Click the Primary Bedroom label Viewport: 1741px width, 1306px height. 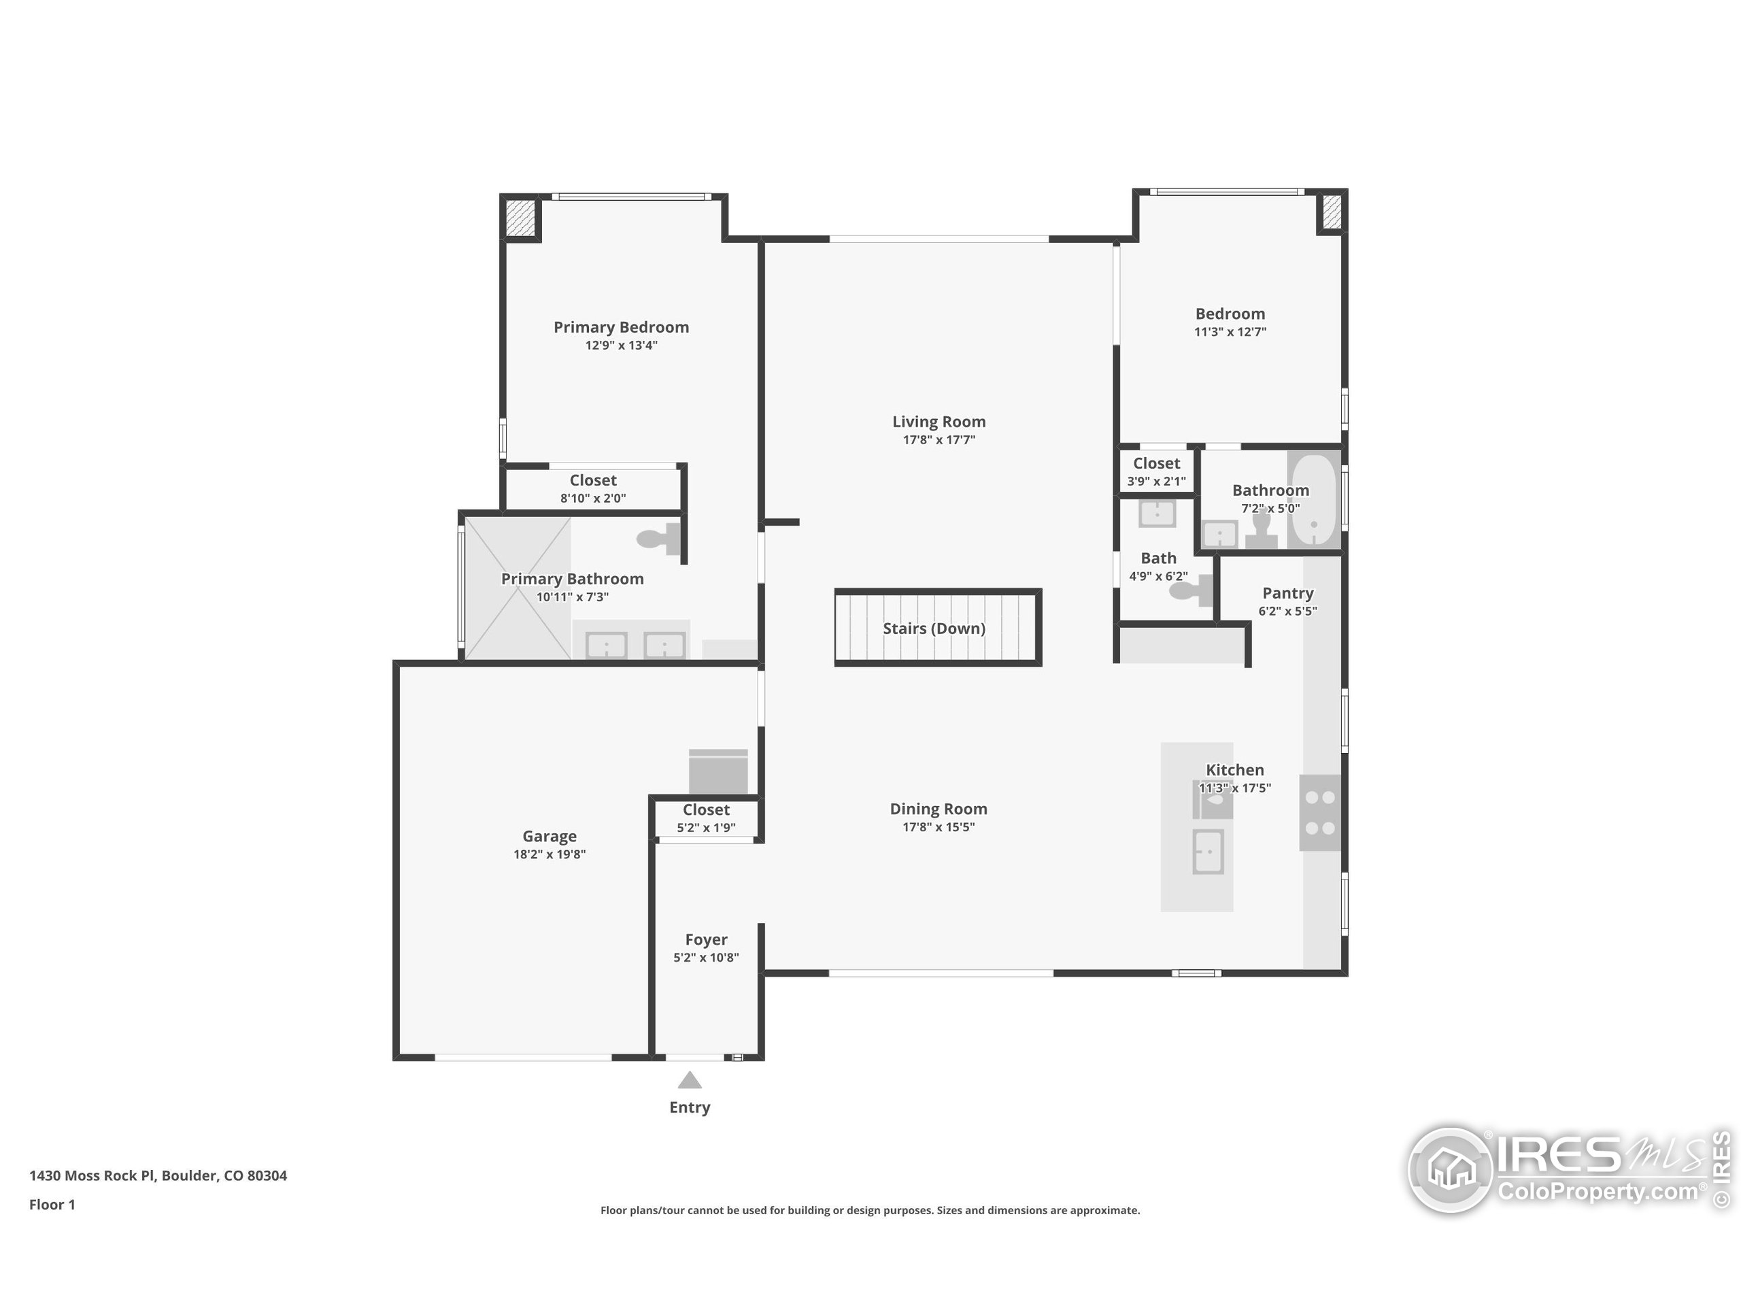point(621,326)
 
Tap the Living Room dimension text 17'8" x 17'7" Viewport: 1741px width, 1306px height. point(939,440)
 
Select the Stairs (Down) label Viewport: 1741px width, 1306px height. point(934,629)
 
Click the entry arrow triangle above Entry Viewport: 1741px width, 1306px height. point(690,1080)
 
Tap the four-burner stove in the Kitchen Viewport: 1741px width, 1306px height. point(1320,812)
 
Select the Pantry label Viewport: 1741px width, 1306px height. point(1287,592)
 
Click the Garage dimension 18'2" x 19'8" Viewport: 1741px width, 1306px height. point(550,854)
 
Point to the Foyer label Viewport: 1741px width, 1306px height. point(706,939)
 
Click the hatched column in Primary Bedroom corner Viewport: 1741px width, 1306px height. point(520,216)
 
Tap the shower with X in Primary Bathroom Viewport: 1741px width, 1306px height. point(517,587)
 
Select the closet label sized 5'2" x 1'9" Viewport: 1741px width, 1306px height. point(706,809)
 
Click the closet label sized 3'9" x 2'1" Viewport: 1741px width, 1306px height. point(1156,464)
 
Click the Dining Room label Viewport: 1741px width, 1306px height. point(939,809)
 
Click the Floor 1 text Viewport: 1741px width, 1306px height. point(52,1205)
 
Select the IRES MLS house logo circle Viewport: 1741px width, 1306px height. point(1450,1170)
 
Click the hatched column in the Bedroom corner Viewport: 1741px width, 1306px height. point(1332,212)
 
